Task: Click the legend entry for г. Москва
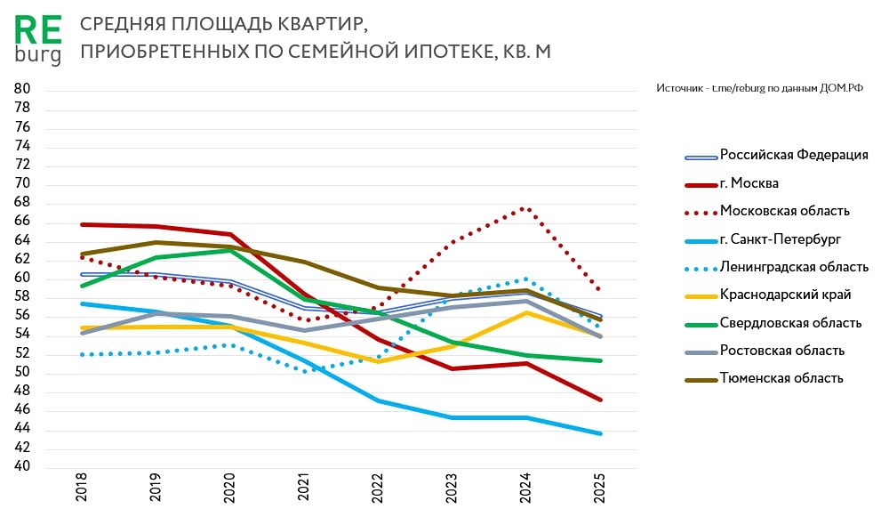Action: (x=749, y=182)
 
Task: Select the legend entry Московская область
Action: (x=784, y=211)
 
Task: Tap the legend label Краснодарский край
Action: (x=785, y=295)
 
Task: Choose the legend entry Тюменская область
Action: (x=781, y=378)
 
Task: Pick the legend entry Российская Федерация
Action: (x=793, y=155)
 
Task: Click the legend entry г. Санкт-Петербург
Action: (x=779, y=238)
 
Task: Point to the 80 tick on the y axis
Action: (x=22, y=89)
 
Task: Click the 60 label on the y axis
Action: (x=22, y=278)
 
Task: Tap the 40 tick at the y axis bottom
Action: (x=22, y=466)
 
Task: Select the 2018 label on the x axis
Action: (x=83, y=490)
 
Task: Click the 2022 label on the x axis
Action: (x=377, y=490)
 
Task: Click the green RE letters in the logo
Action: (x=38, y=30)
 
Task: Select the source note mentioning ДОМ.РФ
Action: (x=759, y=88)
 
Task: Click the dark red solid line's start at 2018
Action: (x=83, y=224)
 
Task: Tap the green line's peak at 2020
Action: (x=230, y=250)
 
